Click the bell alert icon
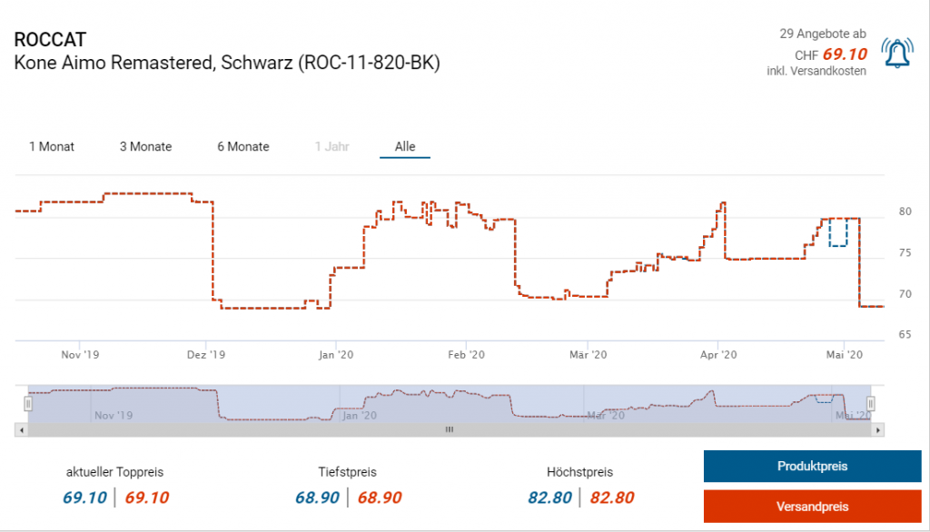(897, 55)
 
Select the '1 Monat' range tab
(52, 146)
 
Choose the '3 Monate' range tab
(145, 146)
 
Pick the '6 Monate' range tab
(242, 146)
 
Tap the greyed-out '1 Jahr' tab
(331, 146)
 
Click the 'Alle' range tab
(405, 146)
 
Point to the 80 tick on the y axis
(905, 212)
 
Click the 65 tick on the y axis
(905, 335)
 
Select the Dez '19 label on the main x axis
(208, 355)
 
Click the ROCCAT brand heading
(51, 40)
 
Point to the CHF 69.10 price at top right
(844, 54)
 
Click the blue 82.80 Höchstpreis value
(549, 498)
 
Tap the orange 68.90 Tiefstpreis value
(380, 498)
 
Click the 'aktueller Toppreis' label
(114, 472)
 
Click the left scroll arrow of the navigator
(20, 429)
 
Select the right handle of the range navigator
(870, 403)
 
